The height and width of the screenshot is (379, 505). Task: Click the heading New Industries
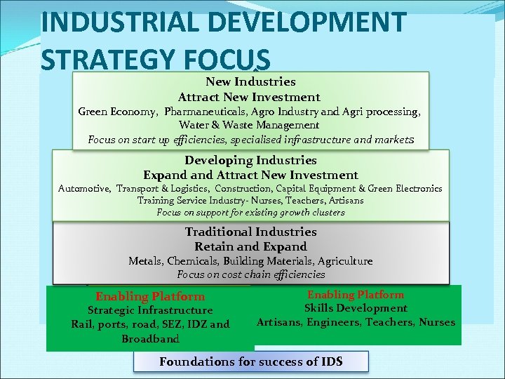(x=250, y=82)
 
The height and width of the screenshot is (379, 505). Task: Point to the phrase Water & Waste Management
(x=249, y=125)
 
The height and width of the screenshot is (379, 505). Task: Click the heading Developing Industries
(x=250, y=161)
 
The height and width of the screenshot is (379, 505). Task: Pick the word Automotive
(x=84, y=188)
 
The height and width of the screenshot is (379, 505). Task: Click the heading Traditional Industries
(x=250, y=232)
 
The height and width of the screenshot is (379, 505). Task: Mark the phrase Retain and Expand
(x=250, y=246)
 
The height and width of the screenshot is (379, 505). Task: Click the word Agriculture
(x=342, y=261)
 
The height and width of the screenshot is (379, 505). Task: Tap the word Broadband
(x=150, y=339)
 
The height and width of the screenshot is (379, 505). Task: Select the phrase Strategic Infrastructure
(x=150, y=310)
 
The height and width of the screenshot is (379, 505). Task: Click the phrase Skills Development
(x=356, y=308)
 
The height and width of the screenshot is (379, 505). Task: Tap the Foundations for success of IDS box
(x=250, y=361)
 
